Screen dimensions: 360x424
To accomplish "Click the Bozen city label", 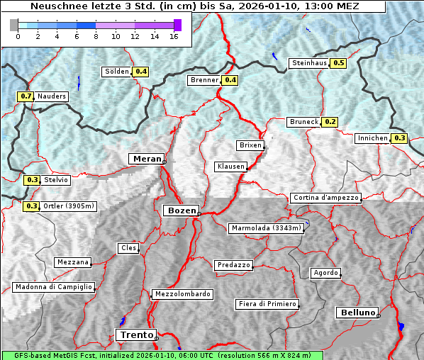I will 180,210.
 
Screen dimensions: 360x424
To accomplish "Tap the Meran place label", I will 146,158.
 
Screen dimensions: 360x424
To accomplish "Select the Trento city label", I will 135,335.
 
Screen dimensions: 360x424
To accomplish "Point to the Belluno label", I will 357,312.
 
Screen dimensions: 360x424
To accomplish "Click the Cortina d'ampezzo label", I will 325,198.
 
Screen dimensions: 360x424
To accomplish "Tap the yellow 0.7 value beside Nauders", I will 26,96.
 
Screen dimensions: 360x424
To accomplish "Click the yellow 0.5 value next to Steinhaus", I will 339,63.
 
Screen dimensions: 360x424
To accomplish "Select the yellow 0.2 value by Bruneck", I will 330,122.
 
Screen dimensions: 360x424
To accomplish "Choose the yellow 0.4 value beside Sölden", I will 141,72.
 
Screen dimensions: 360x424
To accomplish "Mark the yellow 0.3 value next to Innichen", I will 400,138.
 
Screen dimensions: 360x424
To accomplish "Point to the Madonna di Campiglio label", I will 53,287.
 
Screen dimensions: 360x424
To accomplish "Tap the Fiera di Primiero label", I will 267,304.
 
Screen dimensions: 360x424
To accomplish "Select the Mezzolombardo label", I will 182,294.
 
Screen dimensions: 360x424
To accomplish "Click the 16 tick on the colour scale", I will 174,36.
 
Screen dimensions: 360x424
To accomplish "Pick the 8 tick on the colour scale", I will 96,36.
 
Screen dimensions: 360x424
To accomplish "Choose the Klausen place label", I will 230,167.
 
